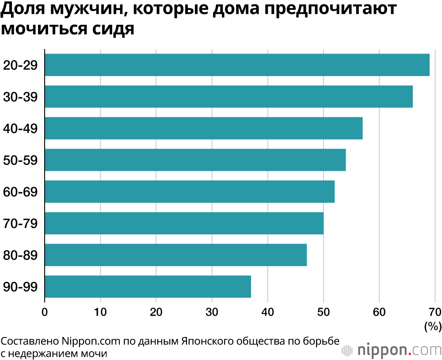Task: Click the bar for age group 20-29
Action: [237, 65]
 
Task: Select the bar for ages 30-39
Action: [229, 96]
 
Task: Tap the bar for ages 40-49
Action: [203, 128]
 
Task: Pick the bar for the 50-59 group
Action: [195, 160]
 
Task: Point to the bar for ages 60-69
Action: [190, 192]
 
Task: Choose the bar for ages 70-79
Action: [184, 223]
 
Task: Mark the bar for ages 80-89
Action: [175, 255]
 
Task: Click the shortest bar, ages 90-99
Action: [148, 287]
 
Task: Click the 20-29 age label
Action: [20, 65]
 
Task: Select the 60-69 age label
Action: [20, 192]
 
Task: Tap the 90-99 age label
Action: [20, 287]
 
